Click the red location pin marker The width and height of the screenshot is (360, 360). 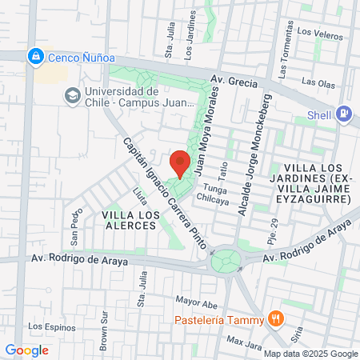(180, 162)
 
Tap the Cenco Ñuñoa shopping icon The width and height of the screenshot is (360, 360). (35, 57)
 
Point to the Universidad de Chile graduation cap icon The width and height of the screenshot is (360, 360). (70, 96)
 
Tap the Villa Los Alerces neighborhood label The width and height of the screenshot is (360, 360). (128, 221)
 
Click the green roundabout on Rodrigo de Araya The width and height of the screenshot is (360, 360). (226, 260)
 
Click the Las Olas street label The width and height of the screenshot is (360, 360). (319, 82)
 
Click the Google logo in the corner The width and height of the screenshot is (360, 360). (26, 350)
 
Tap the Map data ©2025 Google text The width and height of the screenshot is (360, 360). (311, 354)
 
